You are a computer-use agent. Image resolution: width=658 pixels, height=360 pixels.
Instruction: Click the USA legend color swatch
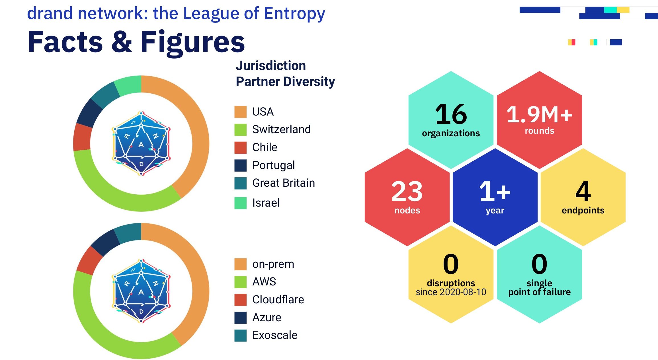[240, 112]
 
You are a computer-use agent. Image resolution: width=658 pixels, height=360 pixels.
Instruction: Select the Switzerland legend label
[281, 129]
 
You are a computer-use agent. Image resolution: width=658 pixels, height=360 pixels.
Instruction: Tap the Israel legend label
[266, 203]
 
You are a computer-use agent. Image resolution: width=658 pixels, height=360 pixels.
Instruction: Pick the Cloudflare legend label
[278, 300]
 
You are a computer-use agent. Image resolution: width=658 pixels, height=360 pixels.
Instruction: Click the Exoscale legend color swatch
[240, 335]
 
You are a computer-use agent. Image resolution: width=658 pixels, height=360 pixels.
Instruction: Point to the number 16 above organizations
[451, 114]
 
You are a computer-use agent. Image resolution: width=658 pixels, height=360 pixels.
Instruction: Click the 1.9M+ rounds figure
[539, 115]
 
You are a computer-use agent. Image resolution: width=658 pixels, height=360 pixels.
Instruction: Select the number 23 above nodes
[407, 192]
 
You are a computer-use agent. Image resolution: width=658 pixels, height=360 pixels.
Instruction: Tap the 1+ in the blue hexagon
[495, 191]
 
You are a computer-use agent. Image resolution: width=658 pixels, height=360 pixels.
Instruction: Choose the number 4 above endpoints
[583, 191]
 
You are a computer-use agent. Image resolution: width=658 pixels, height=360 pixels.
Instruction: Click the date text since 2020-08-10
[451, 292]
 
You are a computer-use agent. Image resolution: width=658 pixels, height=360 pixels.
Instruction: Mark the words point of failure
[539, 292]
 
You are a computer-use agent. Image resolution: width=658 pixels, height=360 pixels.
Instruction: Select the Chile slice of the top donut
[82, 137]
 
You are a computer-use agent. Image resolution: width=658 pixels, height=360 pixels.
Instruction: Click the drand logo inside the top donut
[141, 143]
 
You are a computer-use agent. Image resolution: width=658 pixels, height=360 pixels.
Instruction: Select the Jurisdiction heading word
[271, 66]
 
